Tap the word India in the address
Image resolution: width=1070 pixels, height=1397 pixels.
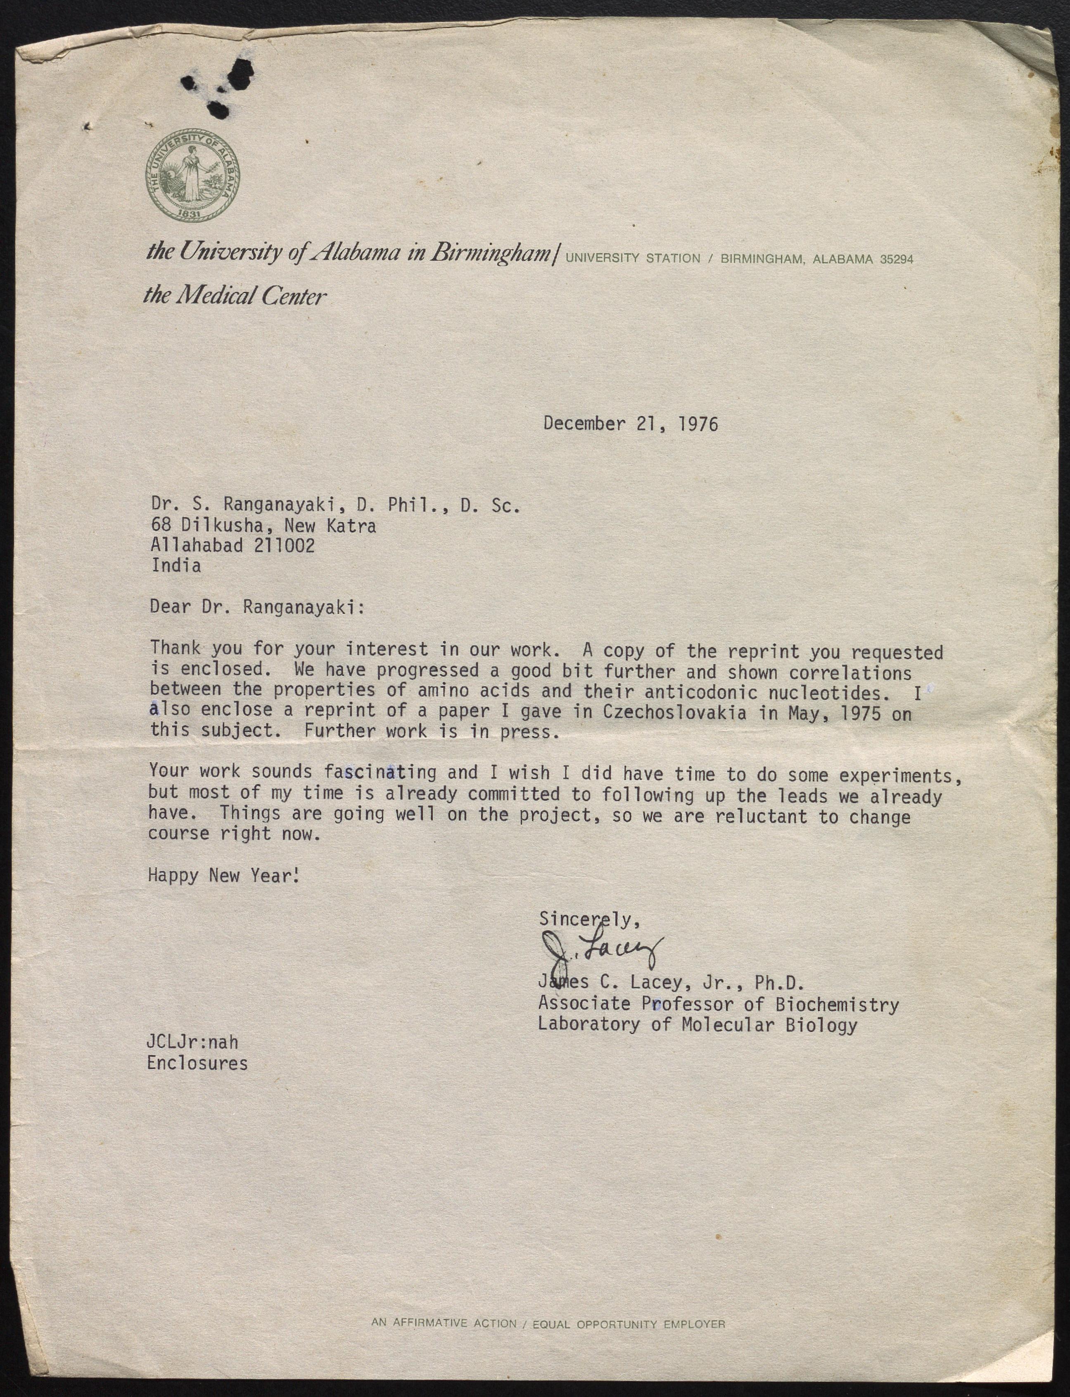click(x=176, y=565)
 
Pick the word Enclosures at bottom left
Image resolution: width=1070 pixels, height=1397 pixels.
click(x=197, y=1063)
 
